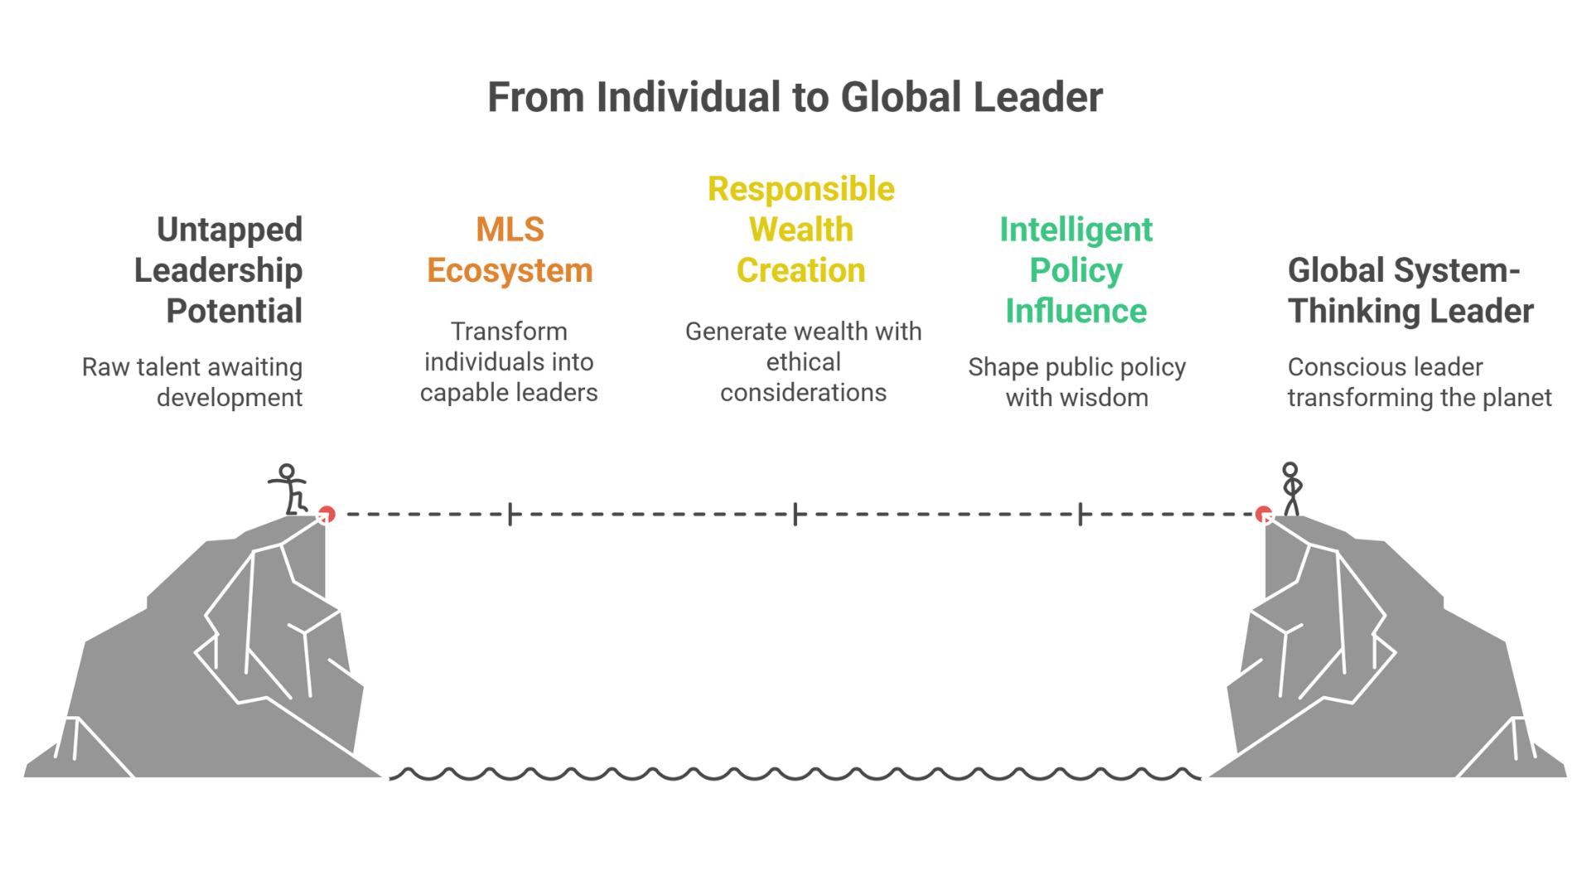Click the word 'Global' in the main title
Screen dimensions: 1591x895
[901, 97]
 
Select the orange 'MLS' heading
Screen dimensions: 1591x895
[510, 230]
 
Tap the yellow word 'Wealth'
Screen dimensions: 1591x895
[800, 230]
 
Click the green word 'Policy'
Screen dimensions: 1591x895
[1076, 270]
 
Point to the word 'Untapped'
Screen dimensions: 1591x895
[229, 230]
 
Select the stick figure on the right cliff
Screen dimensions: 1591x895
[1290, 487]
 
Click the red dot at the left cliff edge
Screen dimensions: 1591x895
[327, 514]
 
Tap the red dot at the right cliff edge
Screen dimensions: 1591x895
[1263, 514]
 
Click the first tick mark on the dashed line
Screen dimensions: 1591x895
[510, 515]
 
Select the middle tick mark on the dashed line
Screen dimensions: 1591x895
[795, 515]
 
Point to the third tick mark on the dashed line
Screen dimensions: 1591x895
[1080, 515]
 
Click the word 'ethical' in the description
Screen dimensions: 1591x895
[802, 362]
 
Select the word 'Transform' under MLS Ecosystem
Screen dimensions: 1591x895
[509, 331]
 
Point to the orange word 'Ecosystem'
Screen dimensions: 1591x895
[510, 270]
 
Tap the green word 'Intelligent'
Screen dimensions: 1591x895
[1076, 230]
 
